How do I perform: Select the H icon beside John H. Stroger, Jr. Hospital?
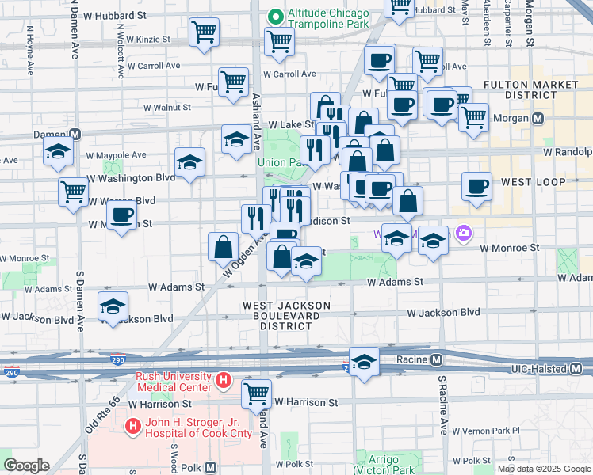tap(132, 427)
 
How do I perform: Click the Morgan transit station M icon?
tap(538, 119)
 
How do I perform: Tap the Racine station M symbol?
tap(436, 361)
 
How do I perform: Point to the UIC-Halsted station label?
tap(547, 370)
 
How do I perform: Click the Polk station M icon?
tap(211, 467)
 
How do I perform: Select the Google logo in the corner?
tap(25, 465)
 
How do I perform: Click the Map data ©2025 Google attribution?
tap(544, 469)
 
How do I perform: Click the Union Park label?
tap(281, 162)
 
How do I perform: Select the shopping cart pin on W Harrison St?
tap(256, 393)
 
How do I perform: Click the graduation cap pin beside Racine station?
tap(364, 363)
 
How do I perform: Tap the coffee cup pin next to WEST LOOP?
tap(476, 187)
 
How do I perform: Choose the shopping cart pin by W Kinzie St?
tap(204, 32)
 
